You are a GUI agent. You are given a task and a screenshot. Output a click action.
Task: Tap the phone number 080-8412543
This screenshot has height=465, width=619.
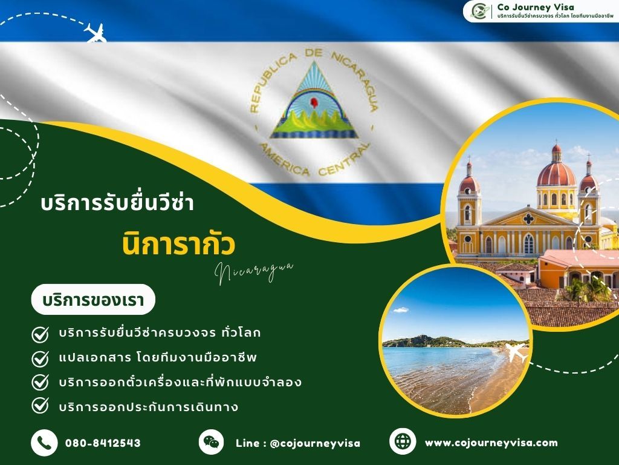[103, 443]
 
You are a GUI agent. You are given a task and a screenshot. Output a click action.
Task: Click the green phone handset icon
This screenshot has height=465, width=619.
[44, 443]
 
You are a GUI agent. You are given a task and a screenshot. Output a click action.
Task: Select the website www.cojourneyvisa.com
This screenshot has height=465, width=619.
[491, 443]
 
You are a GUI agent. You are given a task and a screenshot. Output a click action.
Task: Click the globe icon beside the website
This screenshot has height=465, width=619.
[403, 441]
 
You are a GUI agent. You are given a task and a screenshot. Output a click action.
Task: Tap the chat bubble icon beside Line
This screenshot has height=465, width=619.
[211, 441]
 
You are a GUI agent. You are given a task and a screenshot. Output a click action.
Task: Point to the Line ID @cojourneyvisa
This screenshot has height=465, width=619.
[298, 443]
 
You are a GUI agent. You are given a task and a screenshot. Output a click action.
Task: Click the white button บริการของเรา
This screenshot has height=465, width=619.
[93, 299]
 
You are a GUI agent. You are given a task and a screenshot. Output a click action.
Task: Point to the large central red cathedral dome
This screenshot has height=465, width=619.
[556, 172]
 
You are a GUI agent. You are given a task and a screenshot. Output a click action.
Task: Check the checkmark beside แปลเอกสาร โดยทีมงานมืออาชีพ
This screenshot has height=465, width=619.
[40, 358]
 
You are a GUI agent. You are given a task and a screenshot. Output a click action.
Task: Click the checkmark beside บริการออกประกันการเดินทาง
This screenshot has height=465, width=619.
[40, 406]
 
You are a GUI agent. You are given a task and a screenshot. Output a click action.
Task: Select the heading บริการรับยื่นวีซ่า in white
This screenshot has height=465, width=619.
[117, 203]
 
